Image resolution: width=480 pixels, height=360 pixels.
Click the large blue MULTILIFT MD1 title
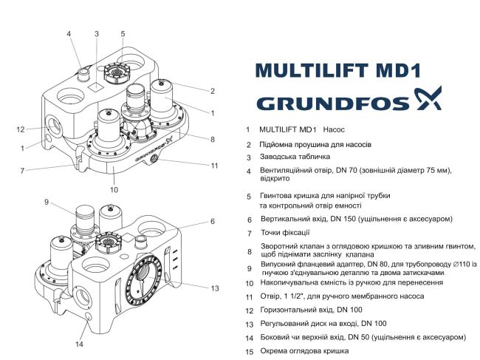(337, 70)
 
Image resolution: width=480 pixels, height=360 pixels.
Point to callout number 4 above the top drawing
(69, 34)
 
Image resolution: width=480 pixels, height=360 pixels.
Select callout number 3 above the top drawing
(96, 34)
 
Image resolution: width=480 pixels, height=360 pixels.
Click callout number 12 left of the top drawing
(21, 129)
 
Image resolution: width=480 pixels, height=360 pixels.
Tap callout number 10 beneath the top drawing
(114, 189)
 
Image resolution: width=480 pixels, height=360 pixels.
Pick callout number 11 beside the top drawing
(215, 165)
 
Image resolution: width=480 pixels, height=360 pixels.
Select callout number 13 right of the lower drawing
(215, 288)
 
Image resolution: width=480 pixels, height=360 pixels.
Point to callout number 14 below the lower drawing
(80, 344)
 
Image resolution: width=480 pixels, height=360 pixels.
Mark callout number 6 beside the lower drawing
(213, 221)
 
